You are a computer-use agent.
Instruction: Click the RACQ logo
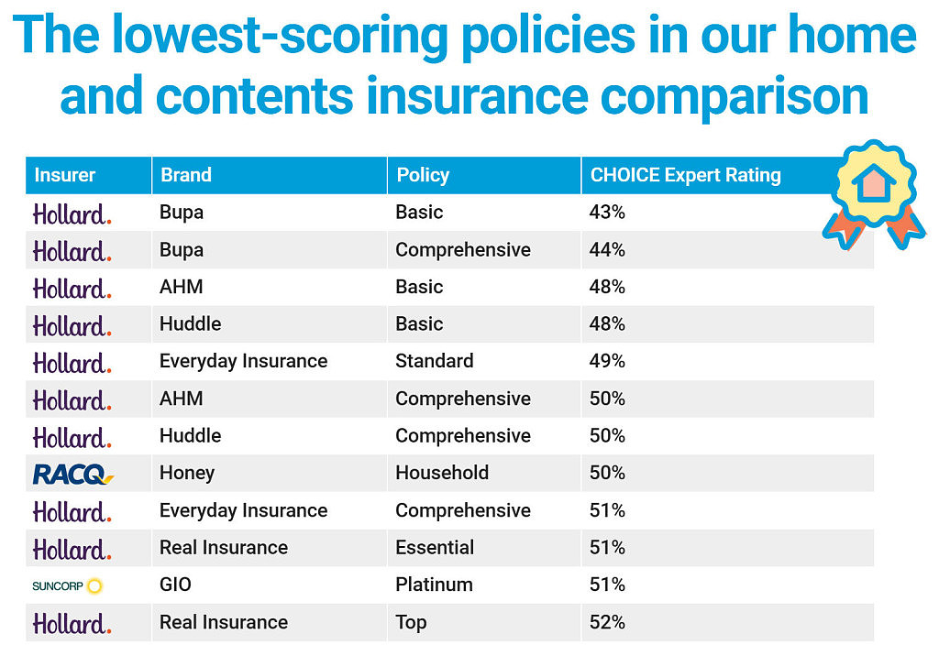73,474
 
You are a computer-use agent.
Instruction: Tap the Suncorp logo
68,585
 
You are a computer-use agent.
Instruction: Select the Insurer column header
65,175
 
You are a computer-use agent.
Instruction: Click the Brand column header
185,175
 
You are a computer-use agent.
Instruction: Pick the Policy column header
423,175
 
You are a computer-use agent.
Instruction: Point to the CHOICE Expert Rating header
686,175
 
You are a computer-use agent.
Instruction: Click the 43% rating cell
607,212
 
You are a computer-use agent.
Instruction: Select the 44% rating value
607,249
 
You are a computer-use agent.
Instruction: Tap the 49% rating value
607,361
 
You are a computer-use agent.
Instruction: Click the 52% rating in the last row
607,622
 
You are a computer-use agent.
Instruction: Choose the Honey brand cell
187,474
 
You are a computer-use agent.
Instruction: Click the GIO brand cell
175,585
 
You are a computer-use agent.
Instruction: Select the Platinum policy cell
434,585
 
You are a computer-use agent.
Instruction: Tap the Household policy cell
442,473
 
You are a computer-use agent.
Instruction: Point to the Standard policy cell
435,361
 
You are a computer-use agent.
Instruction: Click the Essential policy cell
435,547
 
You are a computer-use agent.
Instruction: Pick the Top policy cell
412,623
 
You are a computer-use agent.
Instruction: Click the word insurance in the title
477,96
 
